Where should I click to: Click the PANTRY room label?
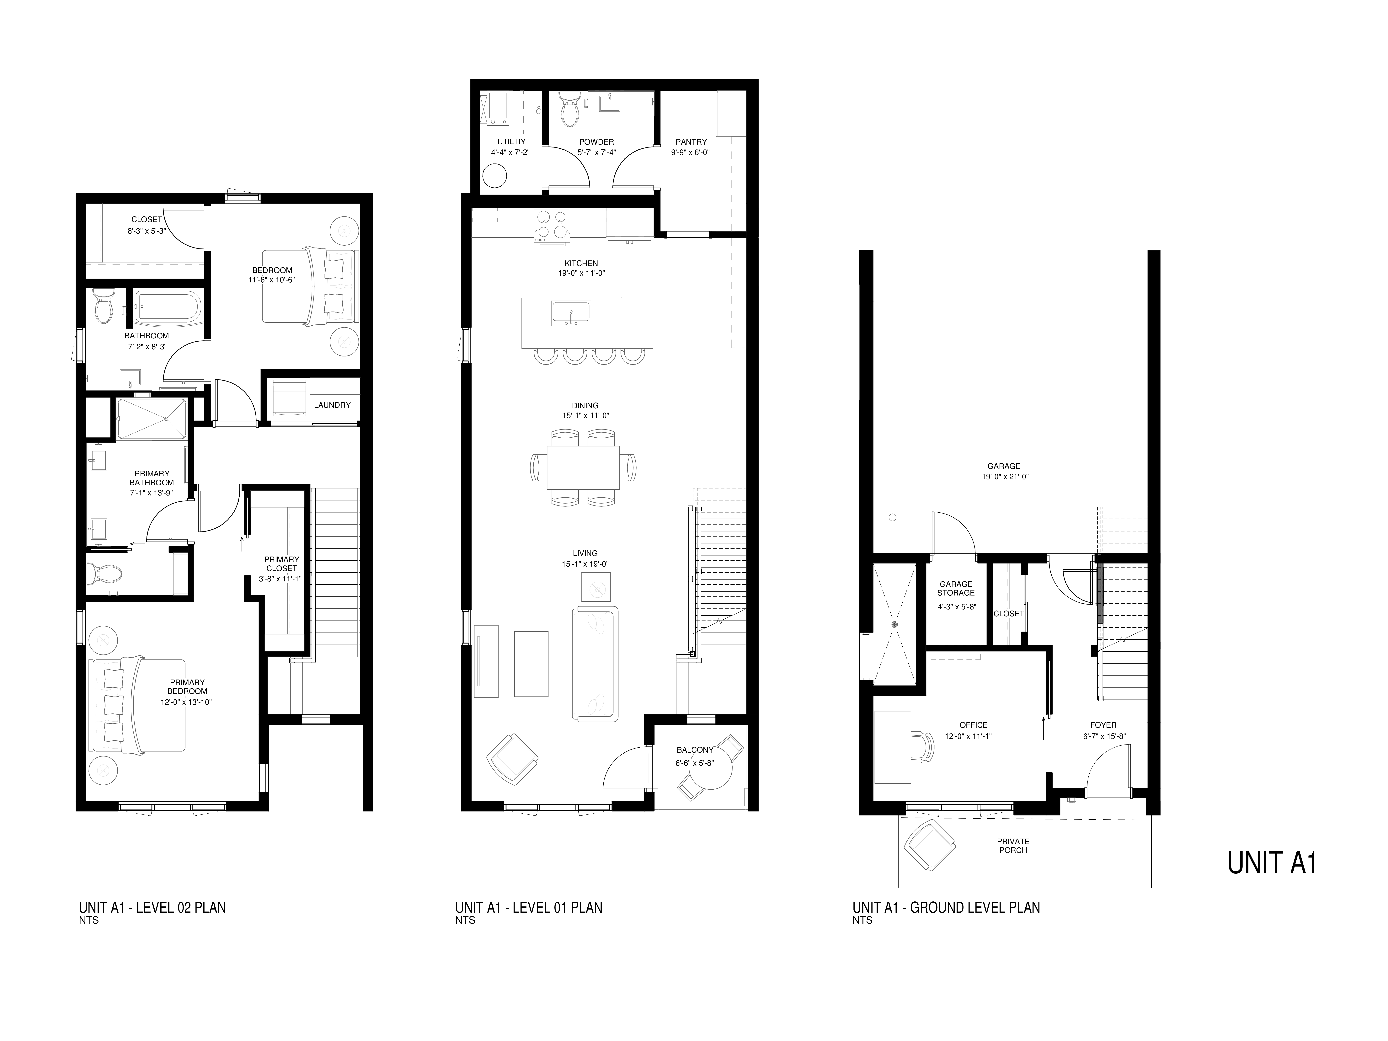tap(691, 142)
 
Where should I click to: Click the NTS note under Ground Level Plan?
tap(862, 921)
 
